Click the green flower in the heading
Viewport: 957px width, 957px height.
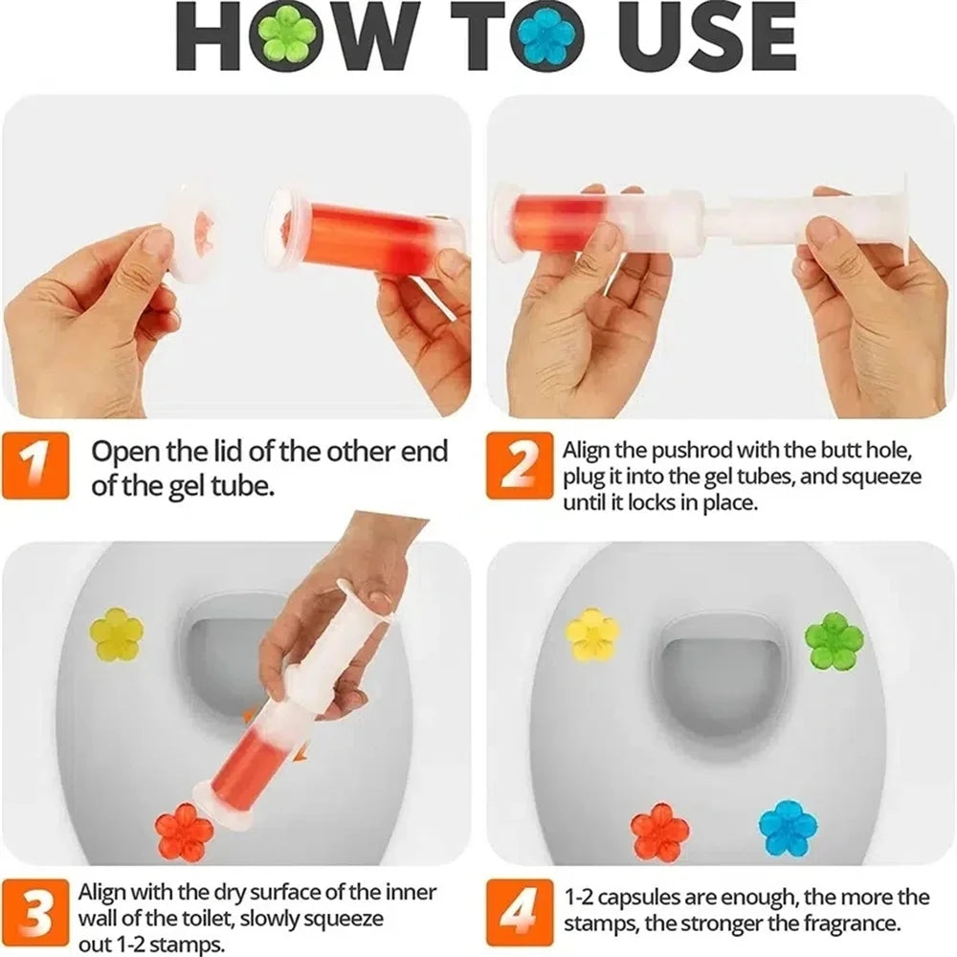(x=283, y=35)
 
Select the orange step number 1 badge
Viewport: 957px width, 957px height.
(x=35, y=466)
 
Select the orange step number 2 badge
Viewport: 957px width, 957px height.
(x=520, y=466)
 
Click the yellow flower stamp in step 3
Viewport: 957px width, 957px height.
(x=117, y=634)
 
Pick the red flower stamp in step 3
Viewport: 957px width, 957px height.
(x=184, y=831)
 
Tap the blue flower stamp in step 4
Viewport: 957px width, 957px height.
(x=788, y=829)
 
